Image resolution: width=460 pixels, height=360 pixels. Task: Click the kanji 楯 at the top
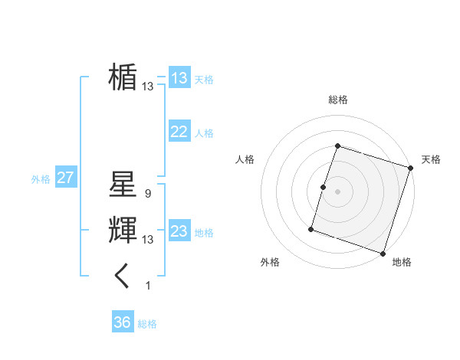pos(123,77)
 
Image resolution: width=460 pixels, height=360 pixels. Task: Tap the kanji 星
pos(123,184)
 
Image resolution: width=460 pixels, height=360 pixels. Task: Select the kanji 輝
pos(123,230)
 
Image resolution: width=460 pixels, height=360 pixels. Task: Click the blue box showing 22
pos(179,132)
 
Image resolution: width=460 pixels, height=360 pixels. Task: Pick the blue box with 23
pos(179,231)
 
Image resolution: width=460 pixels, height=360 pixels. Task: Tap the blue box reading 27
pos(65,178)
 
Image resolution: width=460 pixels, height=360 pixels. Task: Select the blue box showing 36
pos(122,322)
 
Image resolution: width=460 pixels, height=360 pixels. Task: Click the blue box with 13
pos(179,77)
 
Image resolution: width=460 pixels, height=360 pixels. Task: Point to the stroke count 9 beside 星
pos(147,194)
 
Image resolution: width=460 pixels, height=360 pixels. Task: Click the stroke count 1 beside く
pos(148,286)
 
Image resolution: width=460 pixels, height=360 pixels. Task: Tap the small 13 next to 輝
pos(147,240)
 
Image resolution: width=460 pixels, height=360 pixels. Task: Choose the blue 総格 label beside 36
pos(147,324)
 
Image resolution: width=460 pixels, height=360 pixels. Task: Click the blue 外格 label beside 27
pos(41,179)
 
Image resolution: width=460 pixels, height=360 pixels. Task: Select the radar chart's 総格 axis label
pos(338,100)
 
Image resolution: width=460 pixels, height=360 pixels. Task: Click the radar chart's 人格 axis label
pos(245,159)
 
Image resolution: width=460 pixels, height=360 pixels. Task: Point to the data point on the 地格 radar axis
pos(383,254)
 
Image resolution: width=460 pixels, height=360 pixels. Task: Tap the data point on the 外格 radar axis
pos(311,228)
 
